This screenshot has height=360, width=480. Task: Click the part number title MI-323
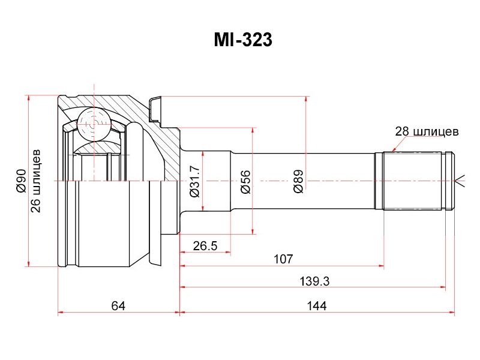[243, 40]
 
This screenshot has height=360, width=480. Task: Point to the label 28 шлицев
[427, 131]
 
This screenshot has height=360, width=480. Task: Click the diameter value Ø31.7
[194, 181]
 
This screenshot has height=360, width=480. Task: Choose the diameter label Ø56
[245, 181]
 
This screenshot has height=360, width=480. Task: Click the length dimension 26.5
[205, 245]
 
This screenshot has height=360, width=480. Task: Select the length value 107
[283, 259]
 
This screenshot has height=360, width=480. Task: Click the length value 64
[118, 306]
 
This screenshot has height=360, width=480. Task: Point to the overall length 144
[316, 306]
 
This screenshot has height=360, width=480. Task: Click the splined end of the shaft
[417, 181]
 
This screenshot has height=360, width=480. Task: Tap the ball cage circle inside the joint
[95, 125]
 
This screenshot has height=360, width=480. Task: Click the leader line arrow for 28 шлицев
[392, 149]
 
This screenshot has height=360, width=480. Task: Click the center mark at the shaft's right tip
[461, 181]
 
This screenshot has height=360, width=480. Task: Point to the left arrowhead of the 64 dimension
[61, 313]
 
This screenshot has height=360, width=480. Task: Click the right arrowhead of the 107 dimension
[381, 266]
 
